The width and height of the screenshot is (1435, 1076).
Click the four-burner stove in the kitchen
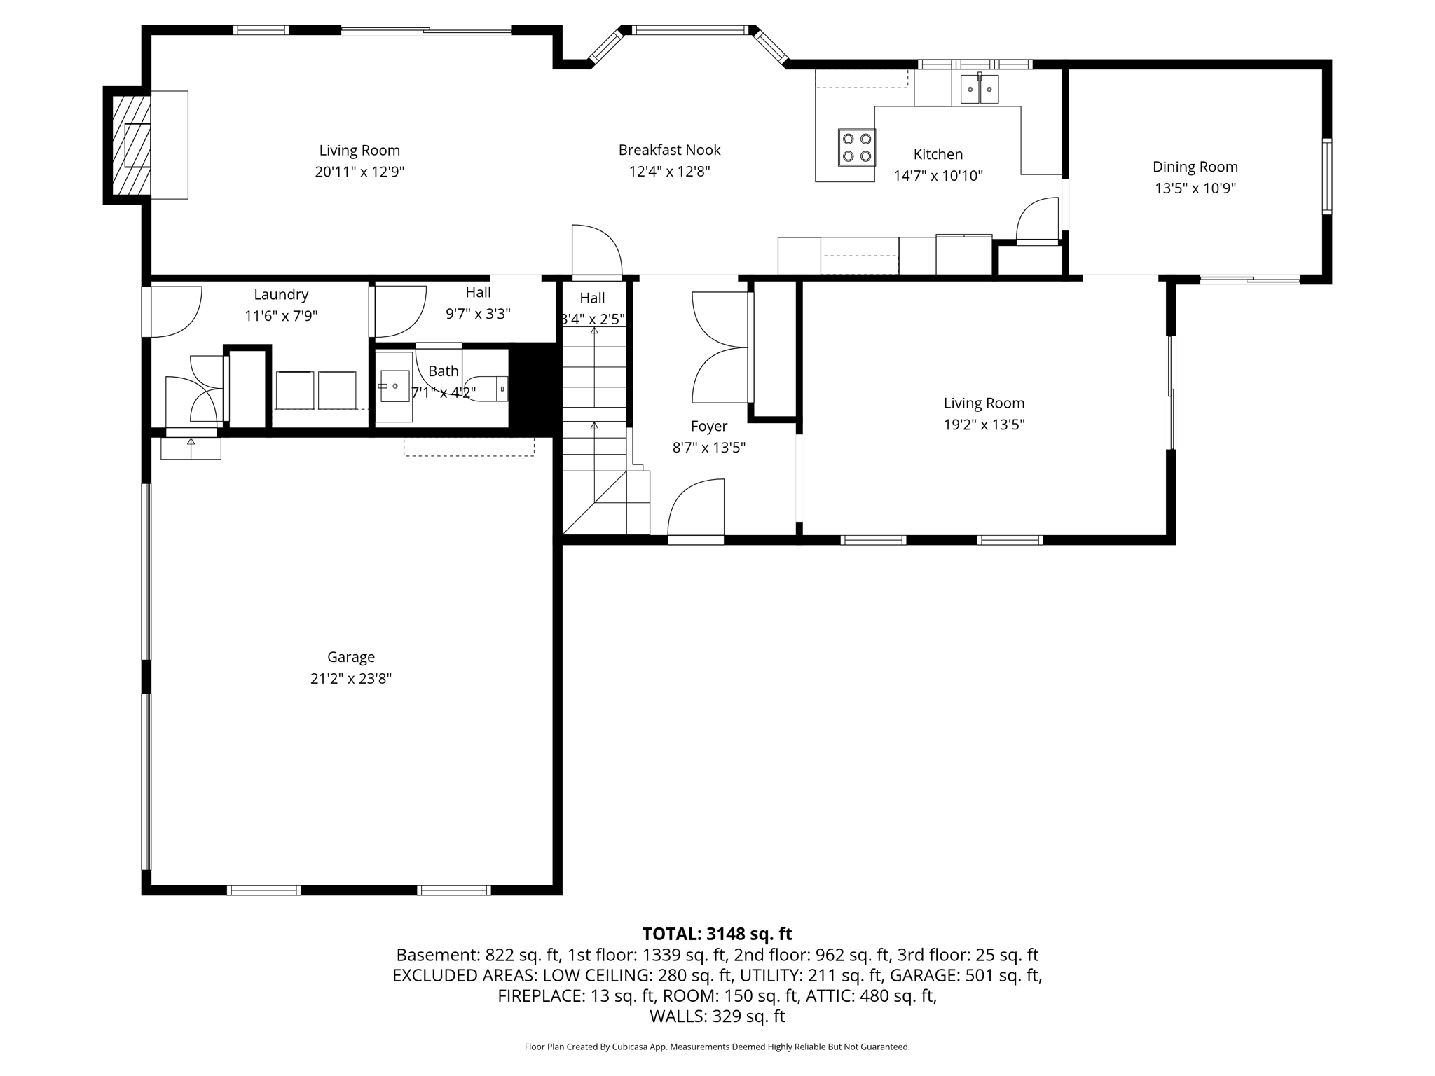(856, 147)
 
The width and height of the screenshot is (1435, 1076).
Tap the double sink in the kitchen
(979, 89)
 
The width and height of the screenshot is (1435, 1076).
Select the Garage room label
(351, 657)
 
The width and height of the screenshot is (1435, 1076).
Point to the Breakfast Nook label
(669, 150)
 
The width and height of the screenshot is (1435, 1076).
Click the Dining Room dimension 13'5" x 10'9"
(1195, 188)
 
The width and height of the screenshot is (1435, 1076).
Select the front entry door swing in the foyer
(696, 509)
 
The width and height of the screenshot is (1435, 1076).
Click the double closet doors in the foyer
(720, 347)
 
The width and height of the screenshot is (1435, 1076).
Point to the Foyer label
(708, 426)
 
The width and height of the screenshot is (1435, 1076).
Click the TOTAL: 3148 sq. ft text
(717, 934)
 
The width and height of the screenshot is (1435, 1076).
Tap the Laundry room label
(281, 294)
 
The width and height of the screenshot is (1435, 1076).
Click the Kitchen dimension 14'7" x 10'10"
(938, 176)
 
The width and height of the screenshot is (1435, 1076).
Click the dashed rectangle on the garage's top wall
(469, 447)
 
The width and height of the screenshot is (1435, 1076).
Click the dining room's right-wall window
(1326, 177)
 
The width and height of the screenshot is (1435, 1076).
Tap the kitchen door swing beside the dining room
(1038, 220)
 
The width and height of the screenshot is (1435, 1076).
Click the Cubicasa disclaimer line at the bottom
(717, 1047)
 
